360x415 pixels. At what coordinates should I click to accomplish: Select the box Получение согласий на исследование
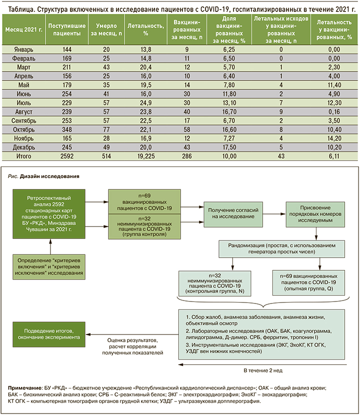click(231, 214)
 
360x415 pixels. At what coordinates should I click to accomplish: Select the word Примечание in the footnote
click(25, 388)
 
